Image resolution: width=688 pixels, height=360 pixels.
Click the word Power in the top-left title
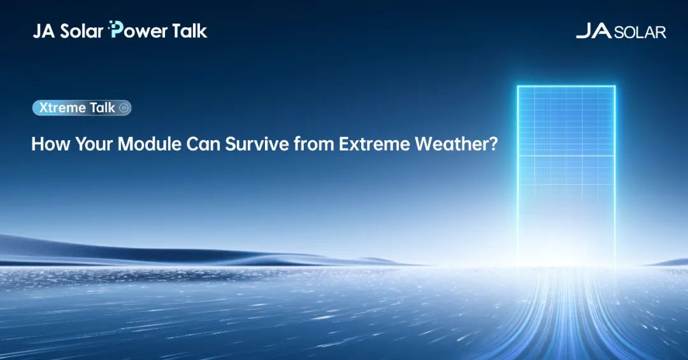pyautogui.click(x=138, y=30)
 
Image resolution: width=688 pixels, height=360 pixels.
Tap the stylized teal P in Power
pyautogui.click(x=115, y=30)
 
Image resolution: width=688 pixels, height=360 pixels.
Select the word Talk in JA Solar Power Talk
pyautogui.click(x=190, y=31)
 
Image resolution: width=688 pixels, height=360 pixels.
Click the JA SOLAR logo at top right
pyautogui.click(x=621, y=31)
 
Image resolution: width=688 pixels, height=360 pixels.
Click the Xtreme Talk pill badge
pyautogui.click(x=82, y=108)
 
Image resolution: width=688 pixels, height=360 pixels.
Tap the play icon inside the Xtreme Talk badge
pyautogui.click(x=124, y=108)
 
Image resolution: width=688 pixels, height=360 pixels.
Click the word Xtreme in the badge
pyautogui.click(x=62, y=108)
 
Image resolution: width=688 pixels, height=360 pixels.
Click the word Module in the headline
pyautogui.click(x=150, y=144)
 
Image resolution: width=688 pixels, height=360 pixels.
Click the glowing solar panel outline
pyautogui.click(x=518, y=176)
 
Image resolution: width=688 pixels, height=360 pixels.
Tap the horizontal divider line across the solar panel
pyautogui.click(x=566, y=156)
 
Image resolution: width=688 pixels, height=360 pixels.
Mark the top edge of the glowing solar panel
pyautogui.click(x=566, y=86)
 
